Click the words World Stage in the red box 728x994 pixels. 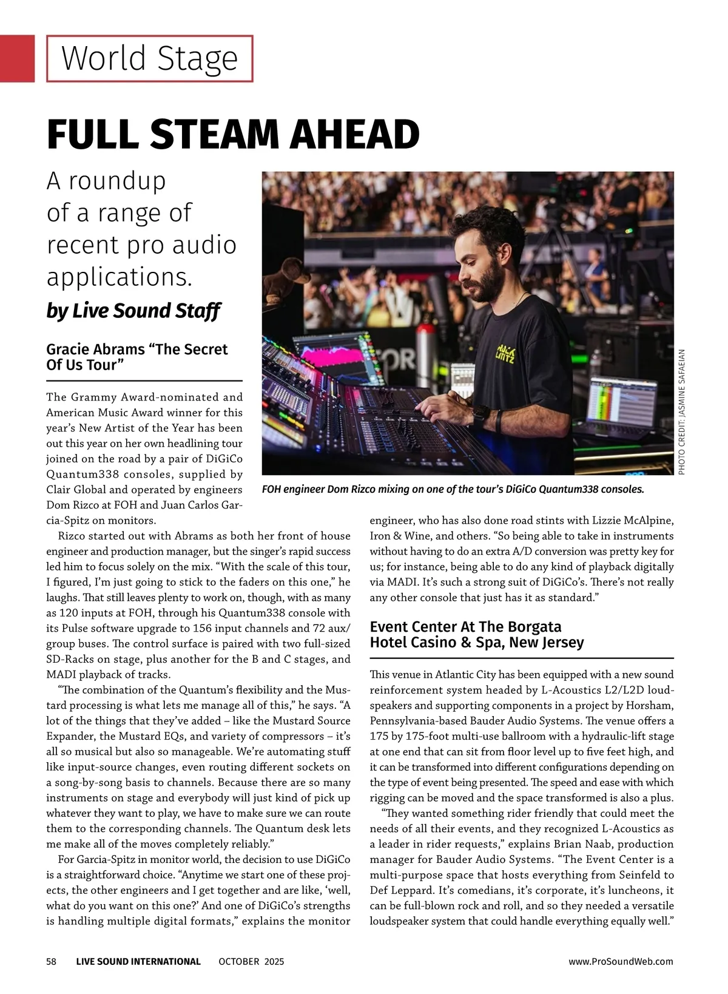point(149,59)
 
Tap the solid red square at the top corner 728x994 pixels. point(17,58)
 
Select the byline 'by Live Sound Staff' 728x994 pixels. point(133,311)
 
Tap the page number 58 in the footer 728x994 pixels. point(52,961)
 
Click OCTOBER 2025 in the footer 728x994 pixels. point(251,961)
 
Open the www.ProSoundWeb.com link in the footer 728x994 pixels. point(621,961)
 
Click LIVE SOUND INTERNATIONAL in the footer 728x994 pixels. point(138,961)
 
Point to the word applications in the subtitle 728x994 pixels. point(119,277)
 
